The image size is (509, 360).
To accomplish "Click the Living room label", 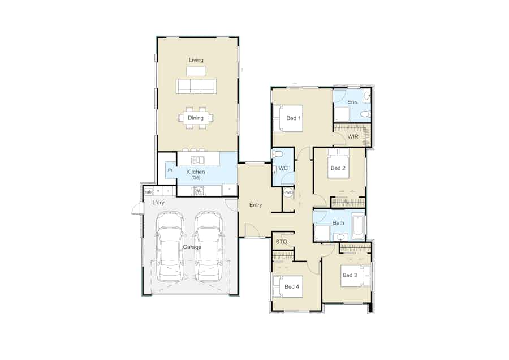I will (x=196, y=60).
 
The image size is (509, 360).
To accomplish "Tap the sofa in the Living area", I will (x=196, y=86).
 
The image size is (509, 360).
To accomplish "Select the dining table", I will (x=196, y=118).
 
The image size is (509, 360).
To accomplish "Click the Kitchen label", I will (x=196, y=172).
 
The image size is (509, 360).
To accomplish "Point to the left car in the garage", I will (x=170, y=247).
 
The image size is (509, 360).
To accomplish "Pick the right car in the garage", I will (x=207, y=247).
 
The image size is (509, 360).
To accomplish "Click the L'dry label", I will (x=158, y=202).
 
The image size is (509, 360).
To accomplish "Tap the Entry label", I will (x=256, y=205).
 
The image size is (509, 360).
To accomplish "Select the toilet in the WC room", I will (x=278, y=154).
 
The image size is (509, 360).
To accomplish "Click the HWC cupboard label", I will (x=288, y=192).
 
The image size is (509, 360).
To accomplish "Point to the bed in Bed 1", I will (x=288, y=118).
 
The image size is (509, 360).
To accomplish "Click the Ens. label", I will (x=352, y=102).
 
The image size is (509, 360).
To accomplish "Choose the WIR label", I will (x=353, y=136).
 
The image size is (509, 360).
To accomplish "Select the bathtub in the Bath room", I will (x=357, y=225).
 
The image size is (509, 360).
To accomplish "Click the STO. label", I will (x=281, y=242).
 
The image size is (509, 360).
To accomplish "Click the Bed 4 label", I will (x=292, y=287).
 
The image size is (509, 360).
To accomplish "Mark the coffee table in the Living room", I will (x=196, y=71).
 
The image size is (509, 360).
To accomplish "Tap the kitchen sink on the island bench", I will (x=197, y=160).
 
